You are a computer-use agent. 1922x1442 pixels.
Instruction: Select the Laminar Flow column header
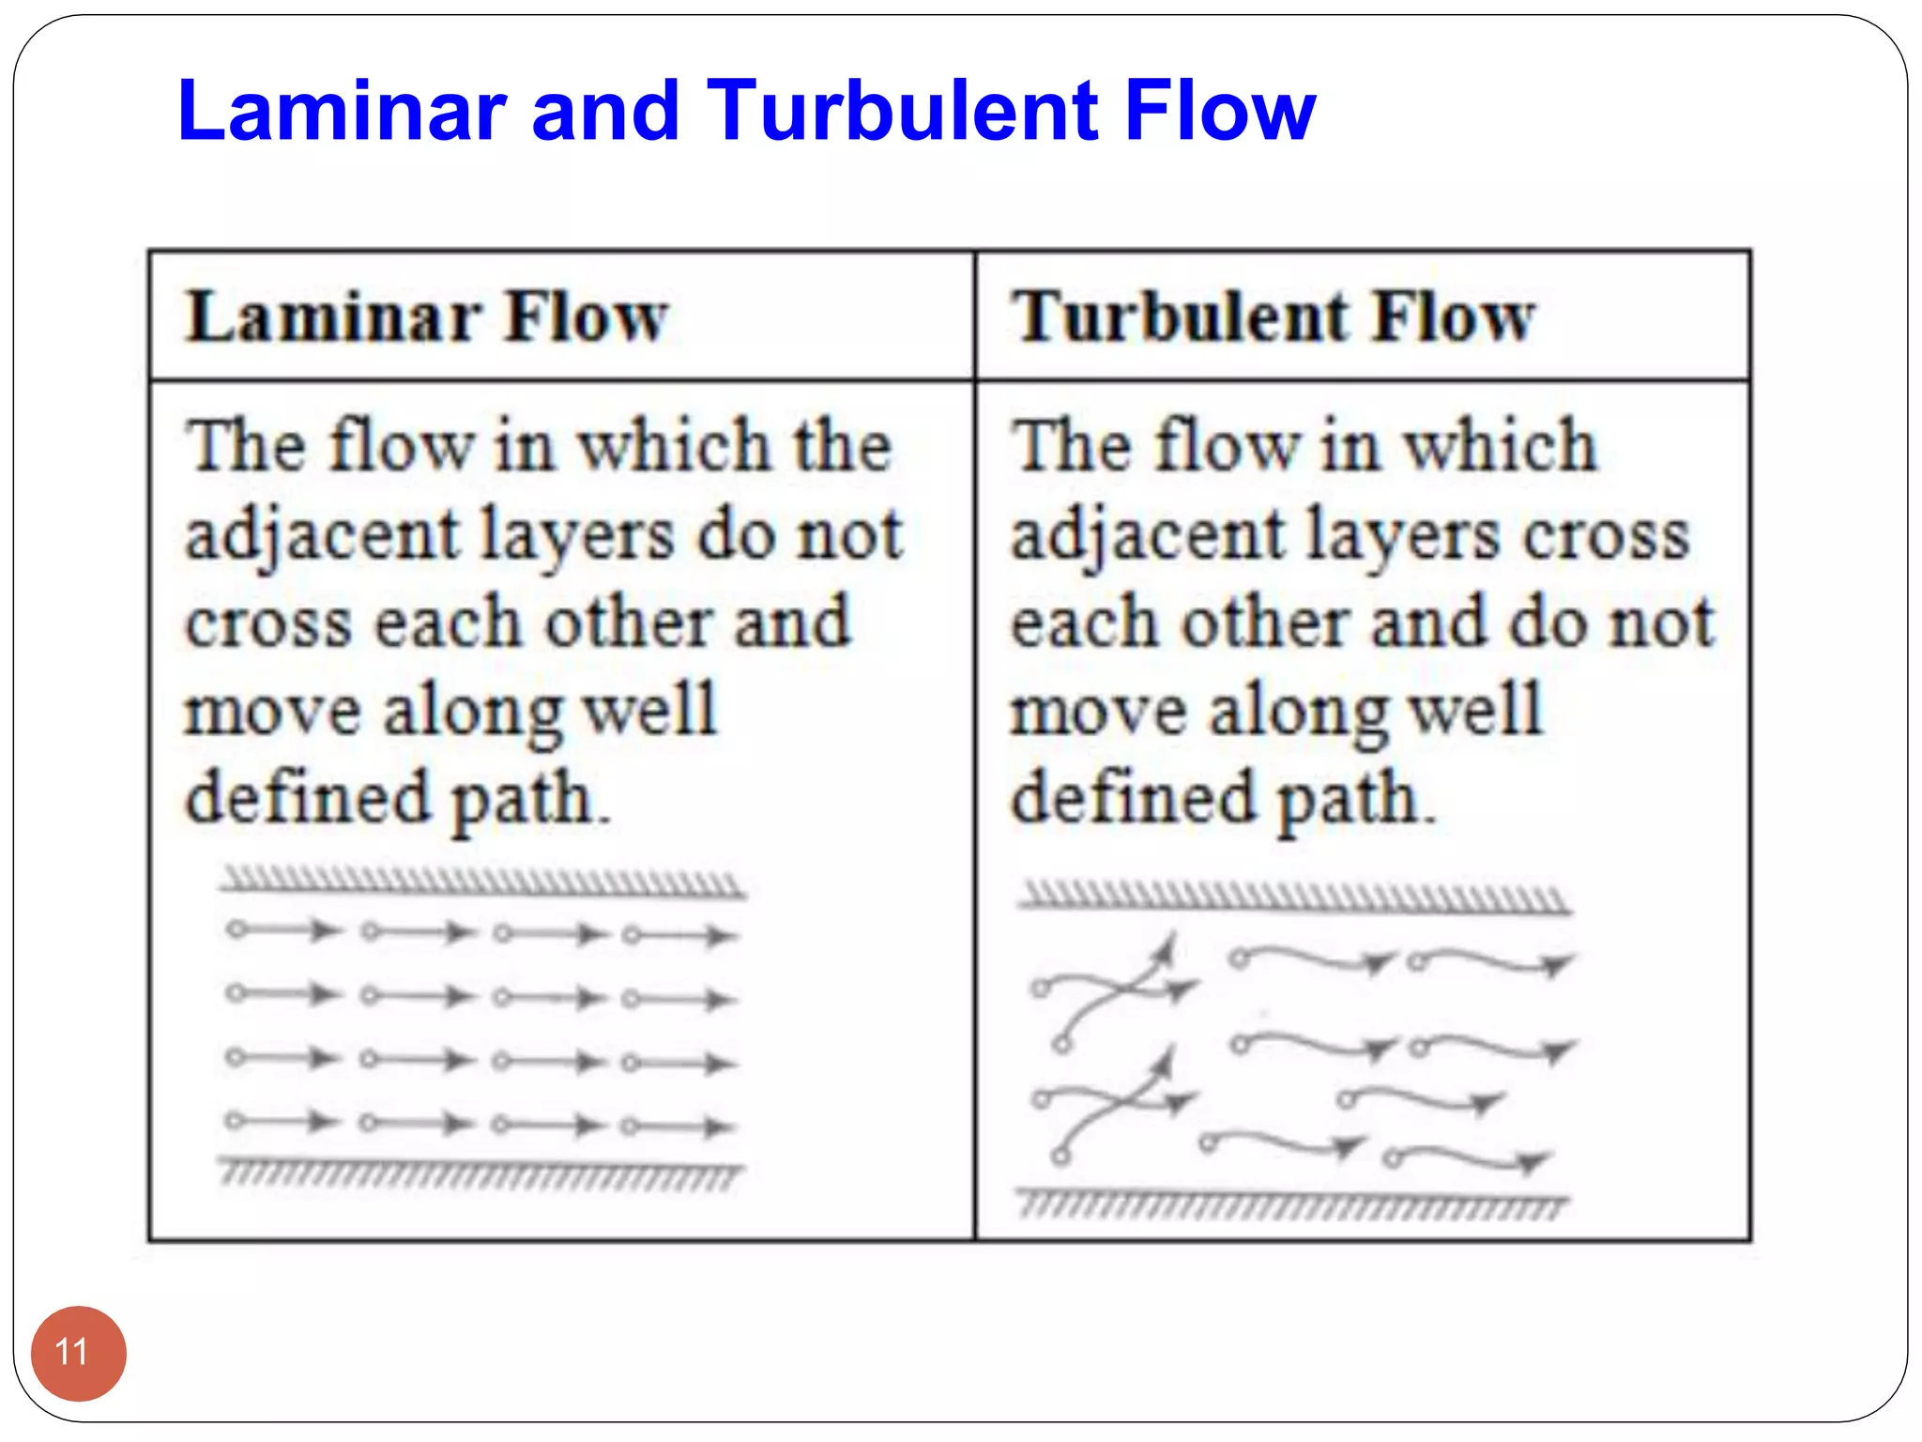427,316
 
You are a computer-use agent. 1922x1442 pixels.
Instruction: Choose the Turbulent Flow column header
1273,316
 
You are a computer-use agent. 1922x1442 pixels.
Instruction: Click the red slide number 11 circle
78,1353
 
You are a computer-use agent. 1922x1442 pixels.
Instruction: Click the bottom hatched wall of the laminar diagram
480,1174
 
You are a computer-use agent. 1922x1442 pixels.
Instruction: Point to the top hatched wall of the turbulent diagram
1295,897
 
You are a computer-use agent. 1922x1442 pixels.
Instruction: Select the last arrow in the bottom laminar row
679,1126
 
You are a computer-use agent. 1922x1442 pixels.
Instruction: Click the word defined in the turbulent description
1132,798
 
